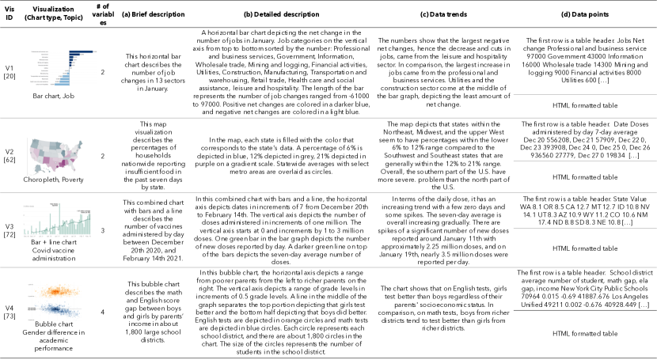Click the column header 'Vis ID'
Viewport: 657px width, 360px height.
[x=9, y=14]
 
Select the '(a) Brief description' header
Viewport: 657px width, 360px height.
[x=147, y=14]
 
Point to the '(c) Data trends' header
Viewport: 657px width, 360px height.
[x=443, y=14]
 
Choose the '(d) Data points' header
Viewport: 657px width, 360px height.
[x=586, y=14]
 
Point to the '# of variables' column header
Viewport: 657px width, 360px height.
[x=103, y=14]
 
